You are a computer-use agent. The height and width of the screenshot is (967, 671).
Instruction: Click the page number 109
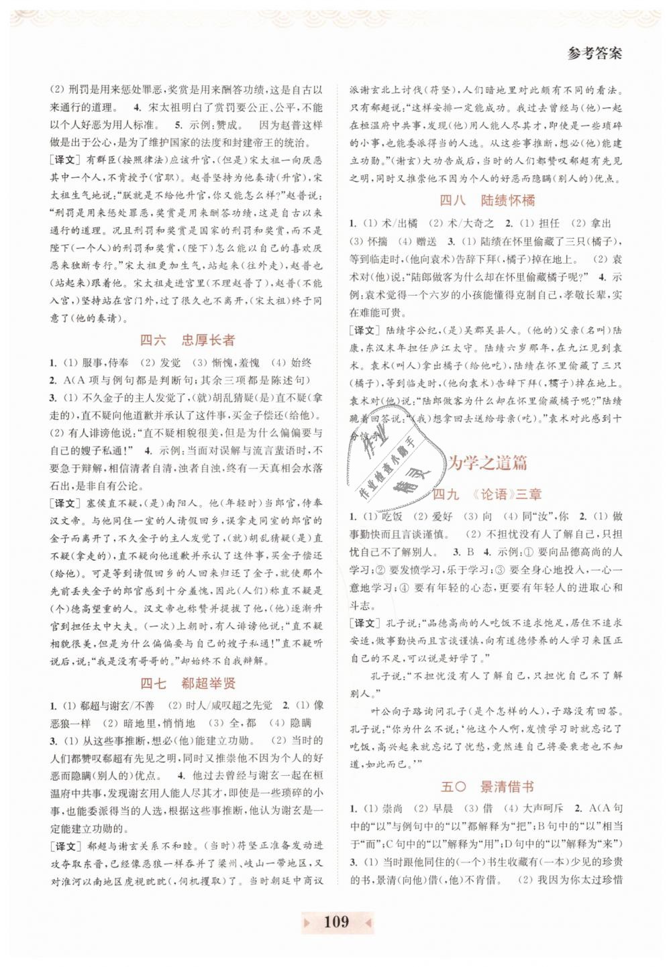pos(336,921)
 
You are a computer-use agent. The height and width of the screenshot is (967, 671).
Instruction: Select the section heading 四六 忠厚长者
pos(187,341)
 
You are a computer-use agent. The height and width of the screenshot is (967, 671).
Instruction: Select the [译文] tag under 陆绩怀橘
pos(365,331)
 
